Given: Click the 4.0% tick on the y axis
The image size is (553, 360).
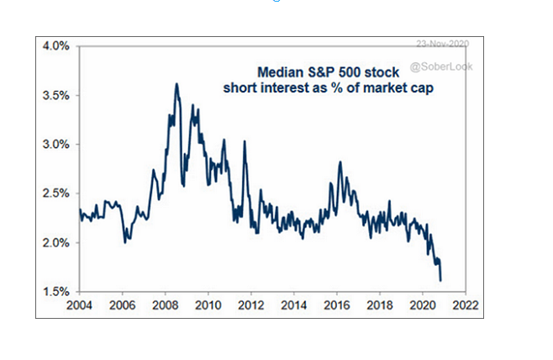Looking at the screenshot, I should [56, 45].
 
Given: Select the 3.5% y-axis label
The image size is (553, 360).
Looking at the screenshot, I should [56, 95].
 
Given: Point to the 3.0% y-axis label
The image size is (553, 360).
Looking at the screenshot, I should [56, 144].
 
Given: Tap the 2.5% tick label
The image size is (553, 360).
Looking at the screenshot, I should [56, 193].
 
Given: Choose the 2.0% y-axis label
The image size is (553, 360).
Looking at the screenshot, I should [56, 242].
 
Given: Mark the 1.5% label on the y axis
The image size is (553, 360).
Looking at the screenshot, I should [56, 292].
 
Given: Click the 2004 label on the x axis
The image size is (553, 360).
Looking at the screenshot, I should [80, 305].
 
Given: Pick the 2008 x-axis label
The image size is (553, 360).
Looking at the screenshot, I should [165, 305].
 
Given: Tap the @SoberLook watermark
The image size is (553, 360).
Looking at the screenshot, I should [442, 65].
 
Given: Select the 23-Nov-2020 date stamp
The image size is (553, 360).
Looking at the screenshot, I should [442, 45].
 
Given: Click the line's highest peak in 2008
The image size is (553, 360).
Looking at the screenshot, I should [176, 83].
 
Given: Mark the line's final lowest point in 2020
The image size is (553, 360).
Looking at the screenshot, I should [441, 281].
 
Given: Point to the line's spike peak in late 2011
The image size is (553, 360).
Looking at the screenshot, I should [245, 141].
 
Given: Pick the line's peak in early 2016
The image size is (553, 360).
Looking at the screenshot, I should [340, 161].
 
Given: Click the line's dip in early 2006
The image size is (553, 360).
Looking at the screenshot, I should [124, 242].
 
